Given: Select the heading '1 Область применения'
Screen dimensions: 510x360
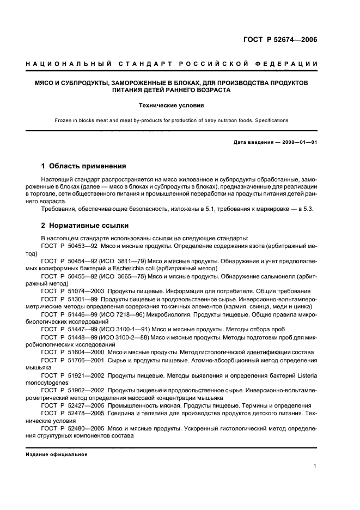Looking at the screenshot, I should [x=84, y=166].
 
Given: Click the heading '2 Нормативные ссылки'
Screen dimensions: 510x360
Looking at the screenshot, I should [x=86, y=224].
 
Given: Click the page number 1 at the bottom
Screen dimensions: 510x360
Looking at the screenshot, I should [x=315, y=465].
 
